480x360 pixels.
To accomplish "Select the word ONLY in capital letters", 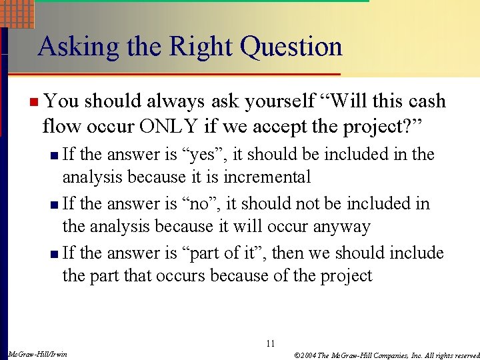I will [x=155, y=124].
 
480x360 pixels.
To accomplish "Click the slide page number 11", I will [x=270, y=344].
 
